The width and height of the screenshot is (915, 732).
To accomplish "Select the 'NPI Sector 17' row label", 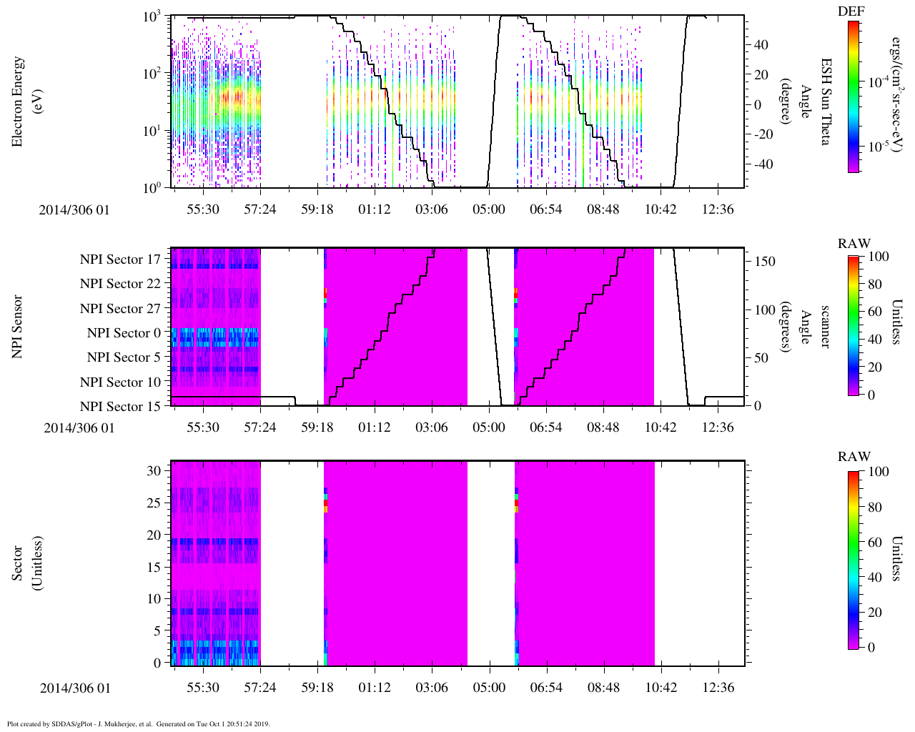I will coord(120,259).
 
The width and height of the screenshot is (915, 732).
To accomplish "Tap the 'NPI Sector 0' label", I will coord(124,333).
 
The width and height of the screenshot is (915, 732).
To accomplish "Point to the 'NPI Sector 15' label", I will coord(120,407).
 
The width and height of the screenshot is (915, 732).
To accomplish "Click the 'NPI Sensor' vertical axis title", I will coord(17,327).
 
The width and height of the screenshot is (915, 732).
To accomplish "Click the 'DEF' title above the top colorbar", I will coord(851,11).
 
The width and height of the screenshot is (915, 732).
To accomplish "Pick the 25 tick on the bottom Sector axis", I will coord(154,503).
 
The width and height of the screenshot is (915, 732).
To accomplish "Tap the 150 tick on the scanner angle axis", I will coord(766,262).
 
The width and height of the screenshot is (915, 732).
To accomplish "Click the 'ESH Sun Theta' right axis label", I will coord(825,102).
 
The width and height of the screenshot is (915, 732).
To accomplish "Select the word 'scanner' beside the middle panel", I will coord(825,327).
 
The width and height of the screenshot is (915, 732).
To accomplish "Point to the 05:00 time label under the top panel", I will coord(488,209).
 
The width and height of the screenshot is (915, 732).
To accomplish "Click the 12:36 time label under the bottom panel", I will coord(718,688).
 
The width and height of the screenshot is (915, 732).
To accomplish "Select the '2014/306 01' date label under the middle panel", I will coord(79,427).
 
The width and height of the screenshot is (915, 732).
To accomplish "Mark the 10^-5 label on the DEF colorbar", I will coord(879,147).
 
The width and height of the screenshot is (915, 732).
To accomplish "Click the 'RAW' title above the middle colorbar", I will coord(854,244).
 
